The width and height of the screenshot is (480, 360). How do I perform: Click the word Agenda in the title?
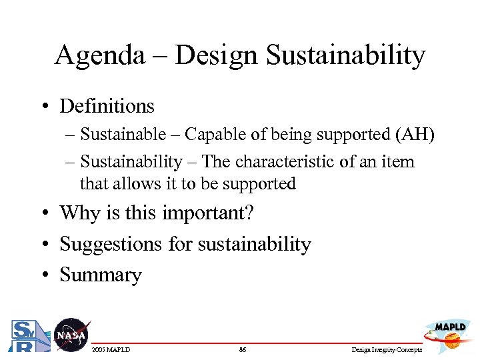[x=99, y=56]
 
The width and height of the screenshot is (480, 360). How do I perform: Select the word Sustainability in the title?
[x=345, y=56]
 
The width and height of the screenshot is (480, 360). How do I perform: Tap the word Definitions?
[x=107, y=106]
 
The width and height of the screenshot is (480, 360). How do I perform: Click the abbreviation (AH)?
[x=415, y=135]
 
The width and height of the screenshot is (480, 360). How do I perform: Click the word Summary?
[x=101, y=275]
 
